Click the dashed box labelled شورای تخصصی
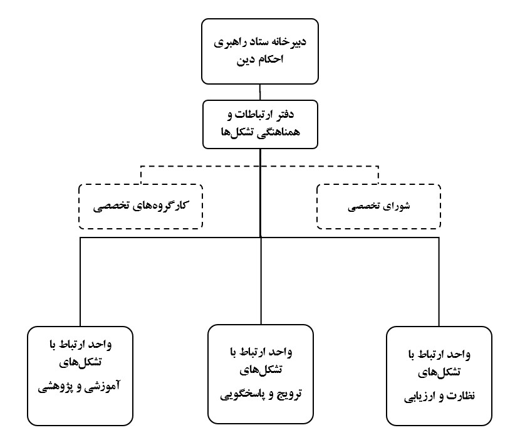378,206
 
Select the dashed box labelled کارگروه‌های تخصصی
142,206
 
